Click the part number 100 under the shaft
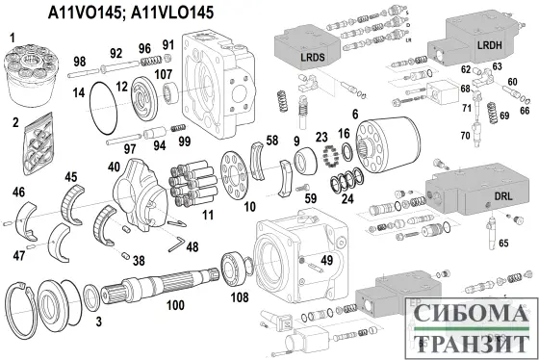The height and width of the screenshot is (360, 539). (x=174, y=305)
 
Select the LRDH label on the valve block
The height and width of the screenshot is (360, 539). (x=488, y=45)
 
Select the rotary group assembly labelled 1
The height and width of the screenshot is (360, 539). (x=28, y=72)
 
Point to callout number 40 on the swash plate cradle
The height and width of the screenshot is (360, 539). (x=115, y=166)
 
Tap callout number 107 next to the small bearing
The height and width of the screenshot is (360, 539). (x=164, y=73)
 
